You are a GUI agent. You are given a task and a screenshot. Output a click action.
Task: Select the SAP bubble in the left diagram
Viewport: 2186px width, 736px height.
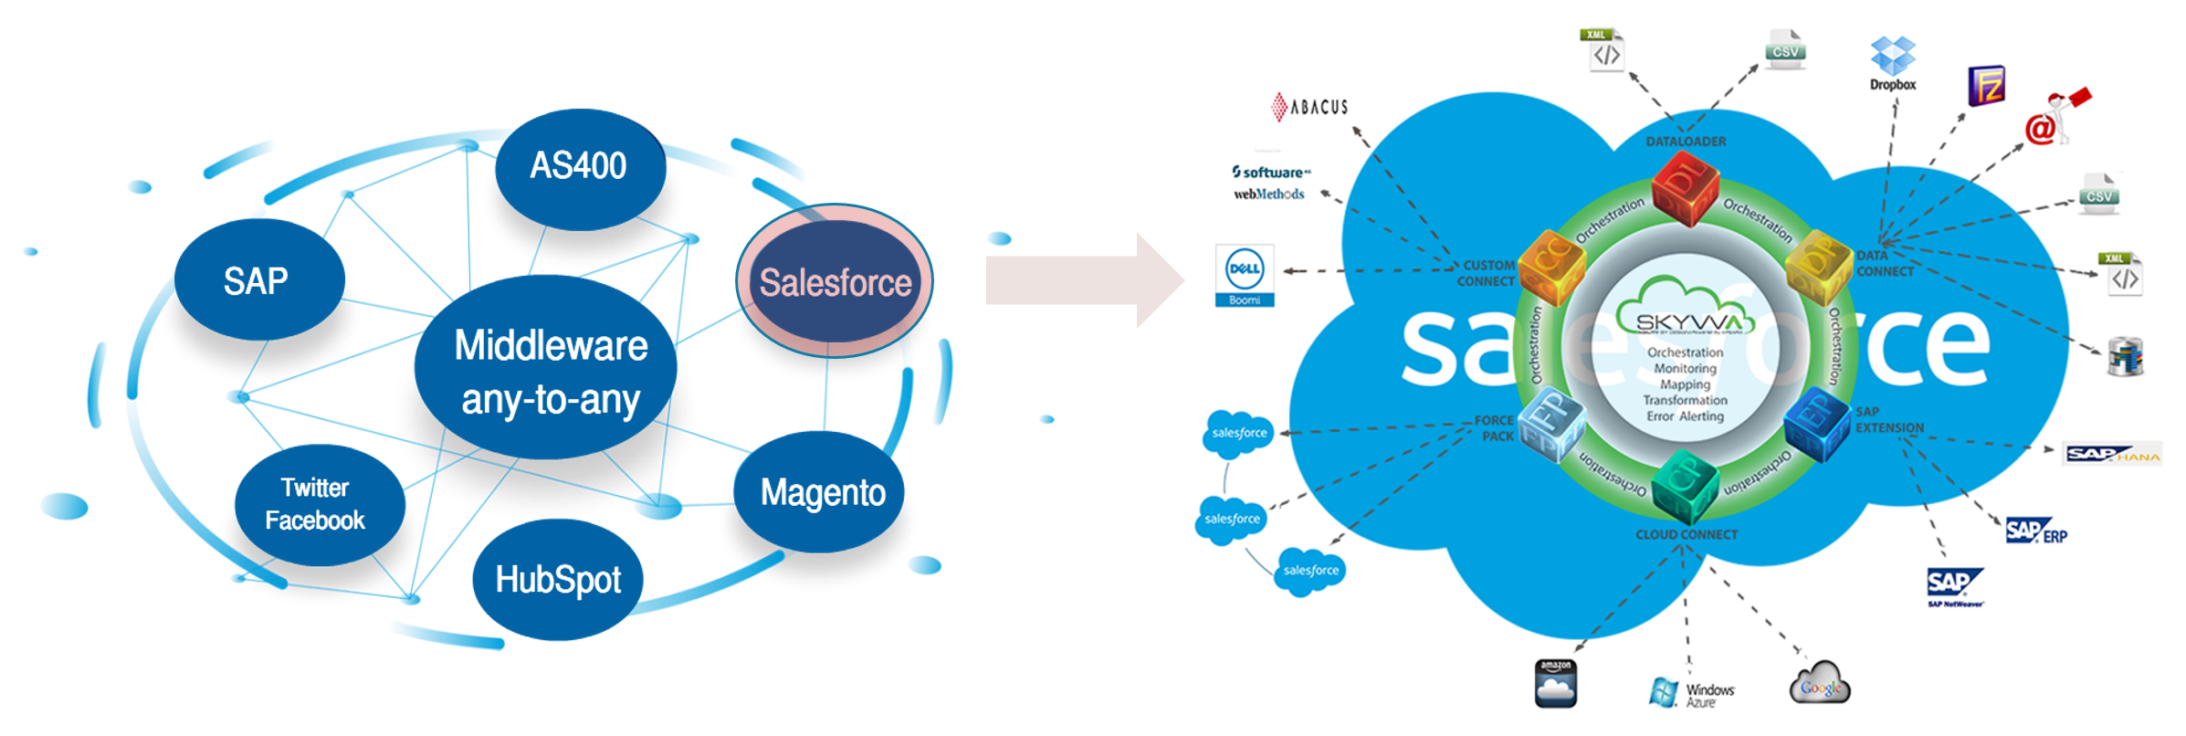pos(258,279)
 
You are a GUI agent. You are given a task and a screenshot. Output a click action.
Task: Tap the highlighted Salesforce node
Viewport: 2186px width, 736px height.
pos(835,281)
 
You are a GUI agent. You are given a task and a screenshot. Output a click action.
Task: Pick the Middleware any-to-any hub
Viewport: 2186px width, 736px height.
pos(548,370)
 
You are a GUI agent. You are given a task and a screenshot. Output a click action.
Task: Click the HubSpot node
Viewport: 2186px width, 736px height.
pos(557,580)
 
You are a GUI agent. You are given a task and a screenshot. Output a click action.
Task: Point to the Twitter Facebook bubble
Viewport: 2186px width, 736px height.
pos(317,504)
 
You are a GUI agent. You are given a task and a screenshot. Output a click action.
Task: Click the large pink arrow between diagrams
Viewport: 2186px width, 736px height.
pos(1082,279)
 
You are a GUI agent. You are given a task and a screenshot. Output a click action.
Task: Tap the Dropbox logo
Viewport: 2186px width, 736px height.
pos(1892,62)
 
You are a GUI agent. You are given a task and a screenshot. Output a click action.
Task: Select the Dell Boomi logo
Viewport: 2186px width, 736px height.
pos(1245,275)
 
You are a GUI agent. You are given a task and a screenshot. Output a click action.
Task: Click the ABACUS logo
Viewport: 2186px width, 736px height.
pos(1310,107)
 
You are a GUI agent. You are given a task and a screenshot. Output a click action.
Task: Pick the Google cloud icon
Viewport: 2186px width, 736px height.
pos(1820,684)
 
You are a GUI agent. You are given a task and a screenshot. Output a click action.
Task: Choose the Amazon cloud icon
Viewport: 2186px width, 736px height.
pos(1555,684)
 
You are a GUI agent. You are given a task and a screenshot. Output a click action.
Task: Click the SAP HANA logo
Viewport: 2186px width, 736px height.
pos(2112,454)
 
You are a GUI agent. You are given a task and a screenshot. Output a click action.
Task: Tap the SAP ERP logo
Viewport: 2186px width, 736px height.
pos(2035,531)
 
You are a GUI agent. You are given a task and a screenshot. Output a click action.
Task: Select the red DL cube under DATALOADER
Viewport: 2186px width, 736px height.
pos(1686,187)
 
